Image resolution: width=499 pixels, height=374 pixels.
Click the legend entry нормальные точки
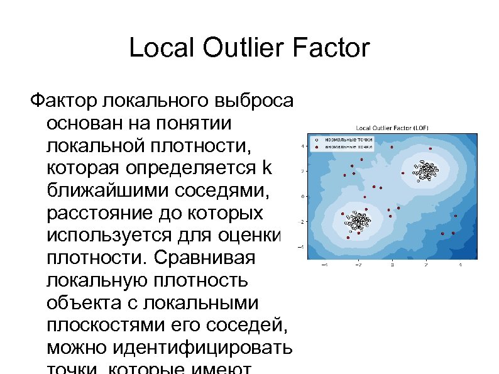tap(348, 139)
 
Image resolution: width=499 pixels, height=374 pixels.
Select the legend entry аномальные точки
tap(348, 146)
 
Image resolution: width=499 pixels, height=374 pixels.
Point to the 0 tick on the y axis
tap(304, 196)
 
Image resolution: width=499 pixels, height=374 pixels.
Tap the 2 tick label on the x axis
tap(425, 265)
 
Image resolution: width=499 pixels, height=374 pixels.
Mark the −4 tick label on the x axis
tap(324, 265)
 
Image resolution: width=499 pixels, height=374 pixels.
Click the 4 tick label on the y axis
tap(304, 146)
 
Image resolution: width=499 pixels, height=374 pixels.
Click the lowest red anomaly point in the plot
tap(348, 238)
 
